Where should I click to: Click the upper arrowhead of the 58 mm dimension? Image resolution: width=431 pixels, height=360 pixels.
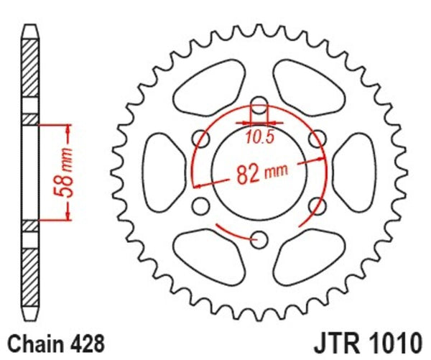click(69, 129)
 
